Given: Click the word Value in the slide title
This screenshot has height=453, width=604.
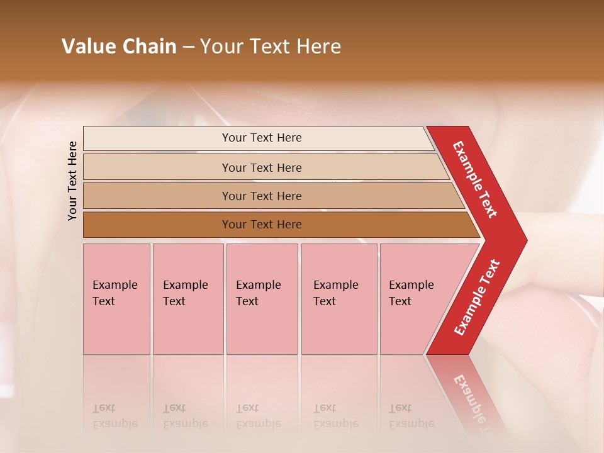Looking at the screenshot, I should [x=87, y=47].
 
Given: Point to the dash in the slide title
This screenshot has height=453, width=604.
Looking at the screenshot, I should [x=188, y=47].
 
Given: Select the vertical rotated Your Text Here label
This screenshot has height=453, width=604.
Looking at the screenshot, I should [x=72, y=181].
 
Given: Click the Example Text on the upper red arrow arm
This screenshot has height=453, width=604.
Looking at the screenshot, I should [x=475, y=179].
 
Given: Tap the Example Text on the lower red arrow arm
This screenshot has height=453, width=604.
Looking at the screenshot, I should [x=477, y=298].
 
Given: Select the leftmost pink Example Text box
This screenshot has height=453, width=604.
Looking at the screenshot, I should [x=116, y=299].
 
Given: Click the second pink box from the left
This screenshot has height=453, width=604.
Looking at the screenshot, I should [x=187, y=299].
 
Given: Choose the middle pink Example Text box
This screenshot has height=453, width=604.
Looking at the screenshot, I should [x=262, y=299].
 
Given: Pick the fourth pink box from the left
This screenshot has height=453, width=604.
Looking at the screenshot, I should [x=338, y=299].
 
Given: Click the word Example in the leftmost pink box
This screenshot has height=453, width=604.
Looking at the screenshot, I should [x=115, y=285].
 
